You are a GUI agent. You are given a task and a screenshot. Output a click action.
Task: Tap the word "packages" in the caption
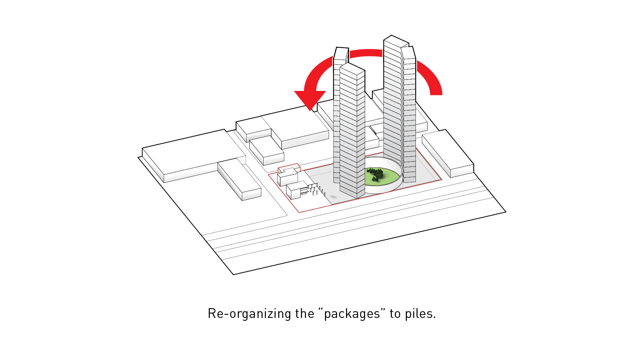pos(352,314)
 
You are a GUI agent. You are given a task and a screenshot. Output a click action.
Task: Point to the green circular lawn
pos(384,177)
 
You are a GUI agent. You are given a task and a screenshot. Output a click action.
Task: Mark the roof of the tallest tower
pos(396,42)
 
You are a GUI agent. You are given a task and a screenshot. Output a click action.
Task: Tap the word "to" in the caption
pos(395,314)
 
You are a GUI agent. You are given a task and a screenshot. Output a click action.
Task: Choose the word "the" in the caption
pos(304,314)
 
